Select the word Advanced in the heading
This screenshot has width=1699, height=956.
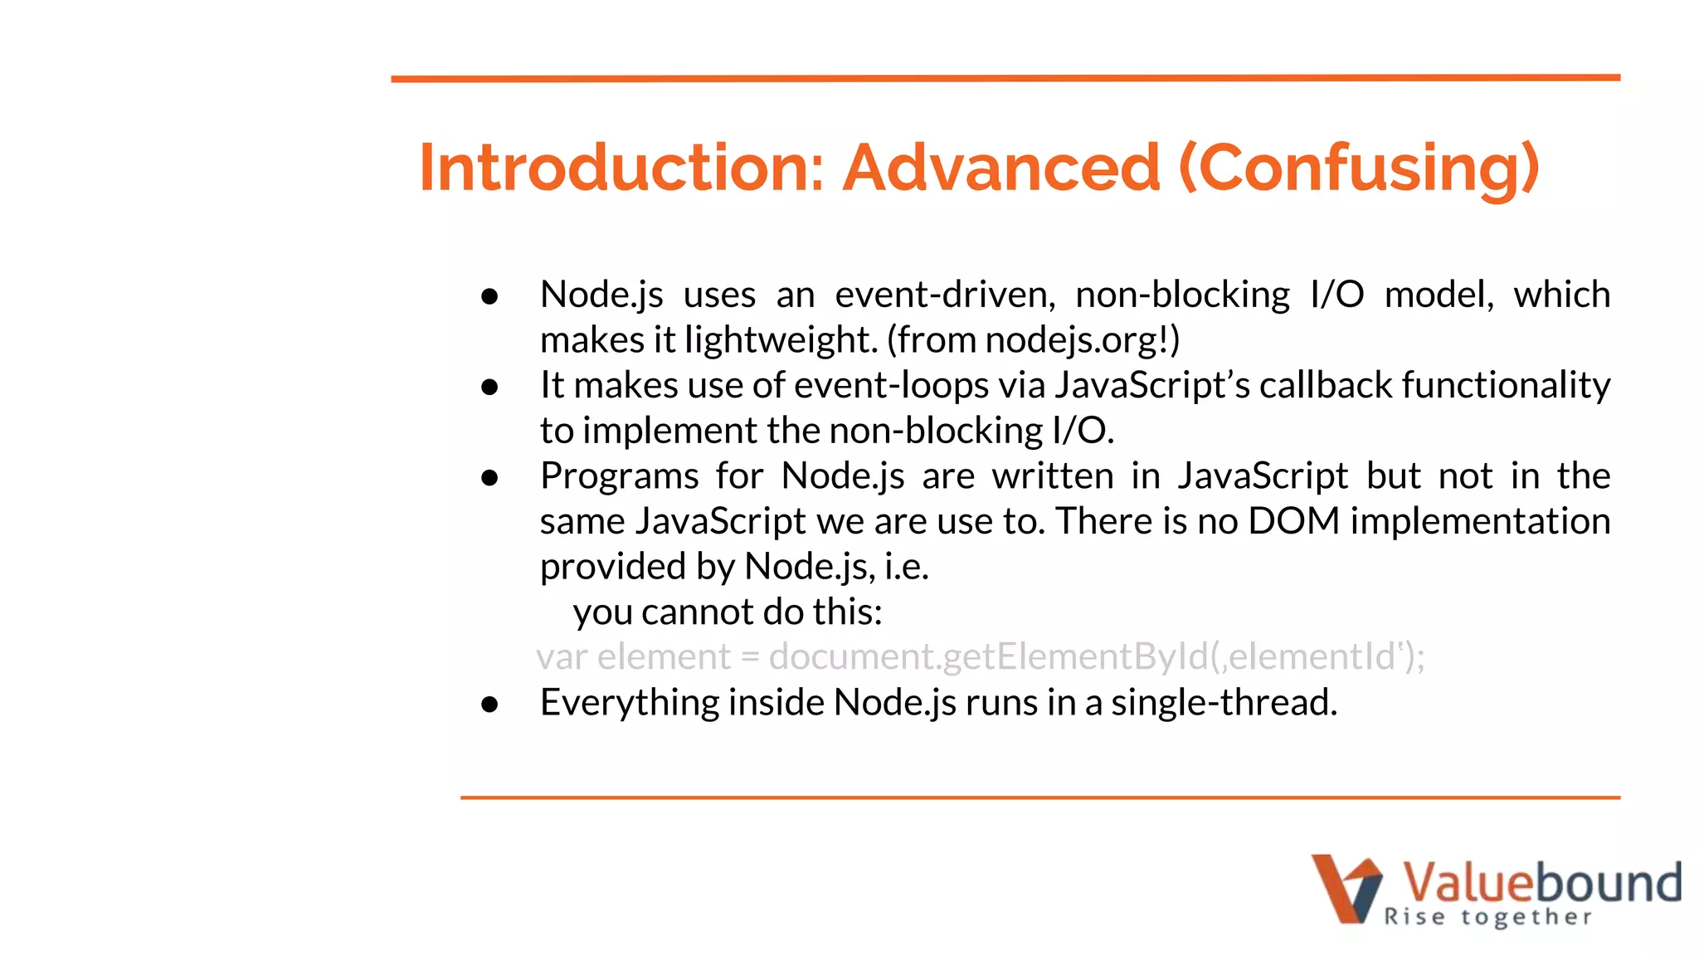click(1001, 168)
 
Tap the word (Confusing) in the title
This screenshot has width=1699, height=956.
click(1359, 169)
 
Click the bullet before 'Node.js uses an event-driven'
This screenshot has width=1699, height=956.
click(489, 296)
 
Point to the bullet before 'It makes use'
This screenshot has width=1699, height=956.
click(489, 387)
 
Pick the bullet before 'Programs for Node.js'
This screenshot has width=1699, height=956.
click(489, 477)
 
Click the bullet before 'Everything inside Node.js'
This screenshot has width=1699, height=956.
click(489, 704)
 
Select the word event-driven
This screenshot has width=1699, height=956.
click(945, 295)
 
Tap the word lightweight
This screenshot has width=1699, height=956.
click(781, 340)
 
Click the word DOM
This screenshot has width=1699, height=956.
click(1294, 521)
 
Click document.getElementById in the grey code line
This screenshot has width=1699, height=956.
click(988, 657)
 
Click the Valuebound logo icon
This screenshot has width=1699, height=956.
click(1346, 888)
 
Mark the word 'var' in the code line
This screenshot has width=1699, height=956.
click(562, 657)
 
